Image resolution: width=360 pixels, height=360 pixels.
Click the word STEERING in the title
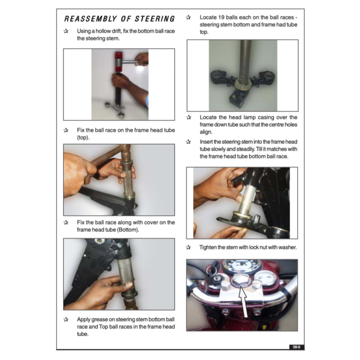(155, 19)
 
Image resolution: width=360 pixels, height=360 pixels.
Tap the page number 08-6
(296, 347)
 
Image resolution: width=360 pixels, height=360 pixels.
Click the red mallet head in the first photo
(119, 62)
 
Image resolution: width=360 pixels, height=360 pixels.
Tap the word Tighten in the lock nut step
(208, 247)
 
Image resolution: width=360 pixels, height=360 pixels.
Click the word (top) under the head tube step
(83, 138)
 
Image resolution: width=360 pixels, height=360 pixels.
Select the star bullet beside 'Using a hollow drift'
(66, 31)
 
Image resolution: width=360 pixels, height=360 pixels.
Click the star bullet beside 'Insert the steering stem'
(188, 142)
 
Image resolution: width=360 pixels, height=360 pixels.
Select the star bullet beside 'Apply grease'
(66, 319)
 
